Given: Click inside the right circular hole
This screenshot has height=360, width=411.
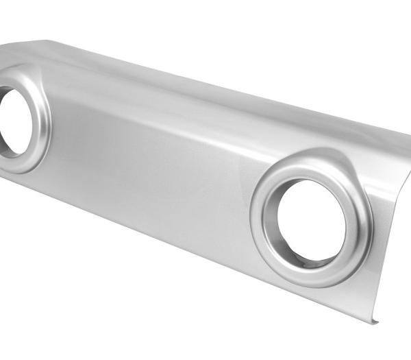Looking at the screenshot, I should pyautogui.click(x=312, y=219).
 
